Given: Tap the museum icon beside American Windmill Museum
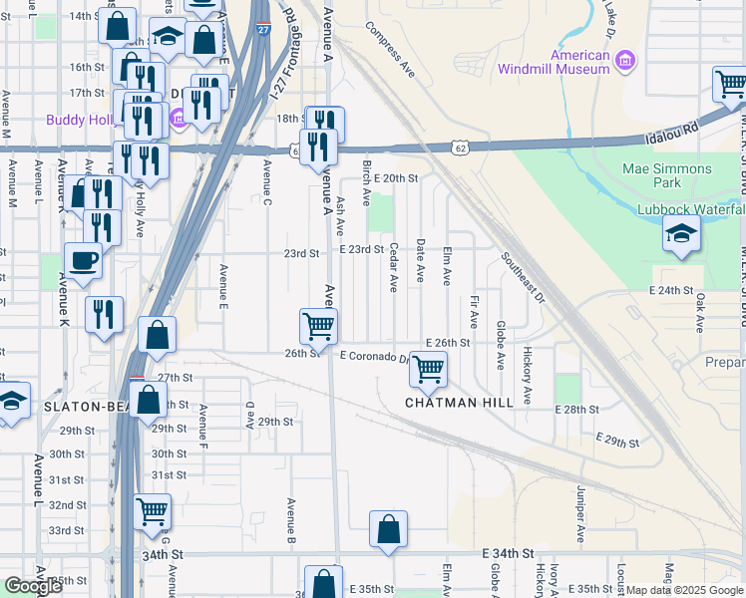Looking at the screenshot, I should coord(625,63).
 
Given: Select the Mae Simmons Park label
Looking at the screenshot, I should coord(681,175).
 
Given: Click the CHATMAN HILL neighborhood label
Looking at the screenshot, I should coord(459,403).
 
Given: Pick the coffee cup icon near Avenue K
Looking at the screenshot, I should coord(83,260).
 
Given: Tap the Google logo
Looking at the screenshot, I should coord(33,586).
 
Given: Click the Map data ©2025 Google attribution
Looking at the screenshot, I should coord(684,590).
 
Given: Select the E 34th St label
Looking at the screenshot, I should coord(508,553).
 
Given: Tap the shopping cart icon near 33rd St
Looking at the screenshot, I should coord(152,512).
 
